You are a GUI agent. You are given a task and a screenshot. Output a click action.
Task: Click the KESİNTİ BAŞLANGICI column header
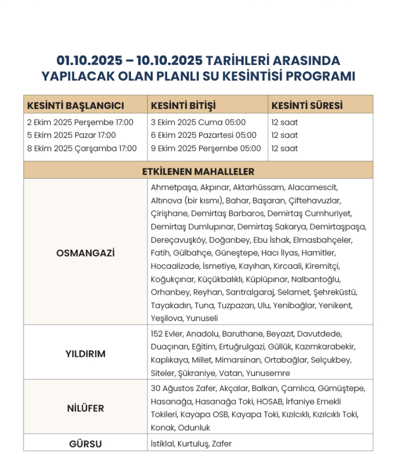(75, 105)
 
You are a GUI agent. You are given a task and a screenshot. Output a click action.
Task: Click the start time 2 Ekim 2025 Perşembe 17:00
(80, 123)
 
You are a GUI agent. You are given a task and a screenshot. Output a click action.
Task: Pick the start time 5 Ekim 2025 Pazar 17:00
(71, 135)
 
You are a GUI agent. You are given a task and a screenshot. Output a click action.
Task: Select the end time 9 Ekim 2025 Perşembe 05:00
(206, 148)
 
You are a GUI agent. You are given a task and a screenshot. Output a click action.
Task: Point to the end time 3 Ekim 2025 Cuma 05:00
(198, 123)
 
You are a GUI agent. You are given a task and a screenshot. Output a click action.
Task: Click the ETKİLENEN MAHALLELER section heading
(198, 172)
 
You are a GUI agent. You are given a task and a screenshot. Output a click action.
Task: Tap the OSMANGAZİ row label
(85, 253)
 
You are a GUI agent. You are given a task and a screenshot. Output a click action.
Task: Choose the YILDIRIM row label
(85, 354)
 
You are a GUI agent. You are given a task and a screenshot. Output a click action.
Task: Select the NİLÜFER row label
(85, 408)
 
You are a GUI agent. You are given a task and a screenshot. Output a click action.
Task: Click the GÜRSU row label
(85, 444)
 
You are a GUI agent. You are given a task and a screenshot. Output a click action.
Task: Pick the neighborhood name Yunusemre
(268, 373)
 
